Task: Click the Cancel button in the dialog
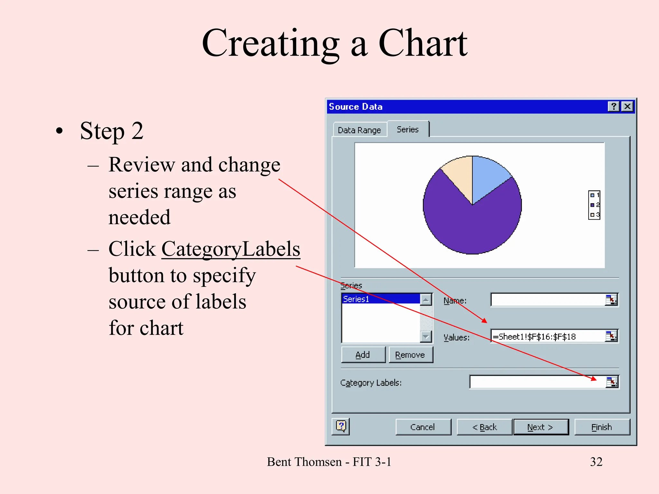point(423,427)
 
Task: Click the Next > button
point(541,427)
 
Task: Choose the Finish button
point(602,427)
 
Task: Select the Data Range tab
point(359,130)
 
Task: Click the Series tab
point(408,129)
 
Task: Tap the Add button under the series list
point(363,355)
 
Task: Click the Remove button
point(410,355)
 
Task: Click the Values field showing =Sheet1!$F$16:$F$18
point(547,336)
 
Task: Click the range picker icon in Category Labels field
point(612,382)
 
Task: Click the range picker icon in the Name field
point(611,300)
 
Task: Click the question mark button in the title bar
point(613,106)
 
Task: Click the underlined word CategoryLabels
point(230,249)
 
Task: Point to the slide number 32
point(596,462)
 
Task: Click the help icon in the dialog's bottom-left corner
point(341,426)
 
